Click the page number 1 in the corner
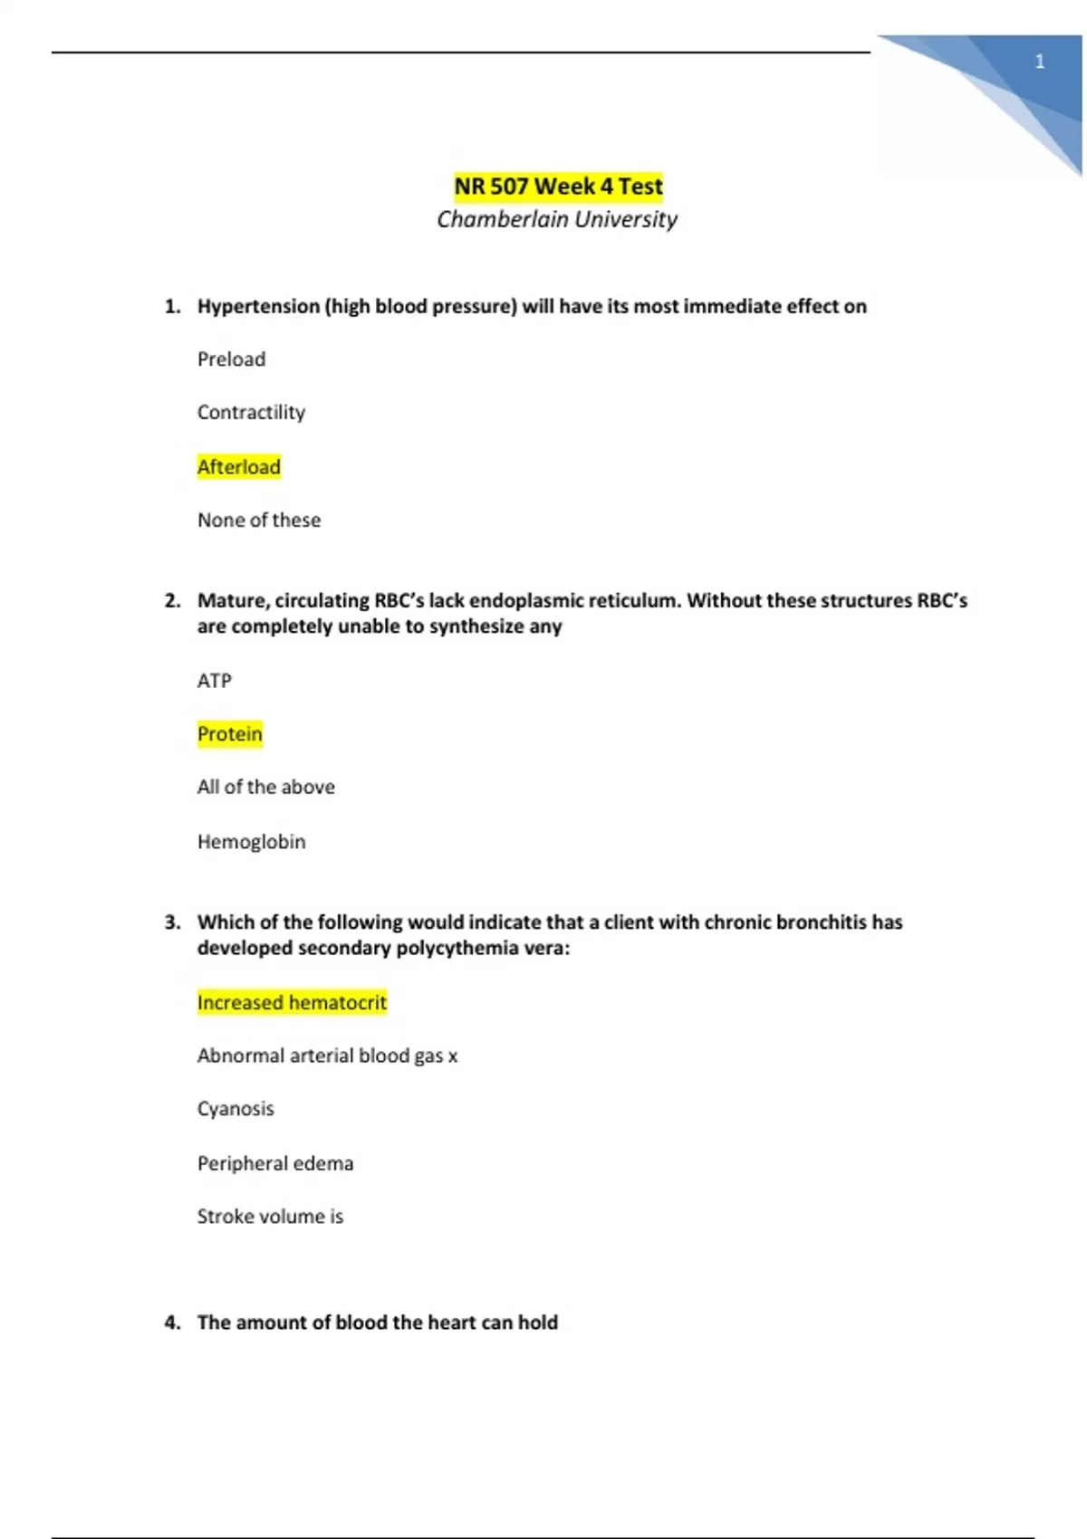tap(1039, 62)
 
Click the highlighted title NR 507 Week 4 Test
tap(558, 186)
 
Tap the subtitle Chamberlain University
tap(557, 219)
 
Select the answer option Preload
tap(231, 359)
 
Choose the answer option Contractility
tap(251, 413)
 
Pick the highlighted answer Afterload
tap(239, 467)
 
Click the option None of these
tap(259, 521)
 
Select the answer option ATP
tap(215, 681)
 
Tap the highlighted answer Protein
tap(230, 734)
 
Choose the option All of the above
tap(266, 788)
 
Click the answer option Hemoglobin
tap(252, 842)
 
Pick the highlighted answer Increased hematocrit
tap(292, 1003)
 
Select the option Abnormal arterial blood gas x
tap(327, 1056)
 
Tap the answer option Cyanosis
tap(236, 1109)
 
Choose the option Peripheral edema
tap(275, 1163)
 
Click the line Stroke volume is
tap(270, 1217)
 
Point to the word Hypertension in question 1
tap(258, 307)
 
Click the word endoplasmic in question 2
tap(525, 601)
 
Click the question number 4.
tap(172, 1323)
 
